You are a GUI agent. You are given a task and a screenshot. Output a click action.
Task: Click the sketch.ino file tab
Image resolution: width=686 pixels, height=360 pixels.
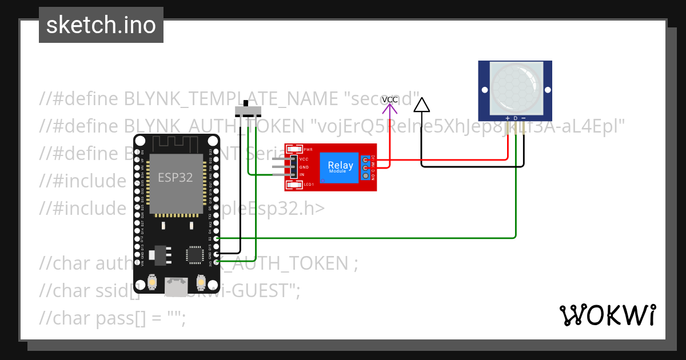(x=101, y=25)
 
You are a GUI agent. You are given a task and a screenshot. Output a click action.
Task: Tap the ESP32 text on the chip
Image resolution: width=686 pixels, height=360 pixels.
(x=176, y=177)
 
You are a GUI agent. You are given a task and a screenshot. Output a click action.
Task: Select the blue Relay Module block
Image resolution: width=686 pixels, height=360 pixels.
(x=340, y=167)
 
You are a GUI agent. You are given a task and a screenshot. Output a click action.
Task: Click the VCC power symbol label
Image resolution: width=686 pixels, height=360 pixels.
(x=390, y=99)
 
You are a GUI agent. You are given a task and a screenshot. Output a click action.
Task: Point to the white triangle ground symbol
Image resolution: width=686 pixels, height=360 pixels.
(x=421, y=105)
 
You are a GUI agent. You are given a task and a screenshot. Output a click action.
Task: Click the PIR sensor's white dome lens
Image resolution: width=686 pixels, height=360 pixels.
(x=515, y=86)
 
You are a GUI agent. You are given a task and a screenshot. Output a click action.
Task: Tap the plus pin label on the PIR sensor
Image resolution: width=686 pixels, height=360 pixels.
(x=508, y=118)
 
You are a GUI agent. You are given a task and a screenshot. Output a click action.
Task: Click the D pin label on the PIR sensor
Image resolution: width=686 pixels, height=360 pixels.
(x=515, y=118)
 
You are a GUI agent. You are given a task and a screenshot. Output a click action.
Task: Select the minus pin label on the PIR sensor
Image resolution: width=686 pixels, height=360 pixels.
(x=523, y=118)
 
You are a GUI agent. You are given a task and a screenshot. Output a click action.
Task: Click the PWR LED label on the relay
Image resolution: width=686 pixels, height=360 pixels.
(x=308, y=149)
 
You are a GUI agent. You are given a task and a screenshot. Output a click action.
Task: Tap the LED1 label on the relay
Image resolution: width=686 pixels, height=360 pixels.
(x=309, y=185)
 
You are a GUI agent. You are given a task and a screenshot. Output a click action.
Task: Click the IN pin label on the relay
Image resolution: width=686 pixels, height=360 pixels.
(x=302, y=174)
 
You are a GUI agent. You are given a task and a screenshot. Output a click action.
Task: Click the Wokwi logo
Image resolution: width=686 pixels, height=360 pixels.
(x=608, y=315)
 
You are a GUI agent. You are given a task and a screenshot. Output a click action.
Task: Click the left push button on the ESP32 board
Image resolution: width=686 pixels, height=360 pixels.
(x=153, y=282)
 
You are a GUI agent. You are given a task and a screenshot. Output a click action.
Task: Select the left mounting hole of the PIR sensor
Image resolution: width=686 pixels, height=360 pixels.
(x=484, y=90)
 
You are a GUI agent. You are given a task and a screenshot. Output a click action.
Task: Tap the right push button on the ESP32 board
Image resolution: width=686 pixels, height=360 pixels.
(x=201, y=282)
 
